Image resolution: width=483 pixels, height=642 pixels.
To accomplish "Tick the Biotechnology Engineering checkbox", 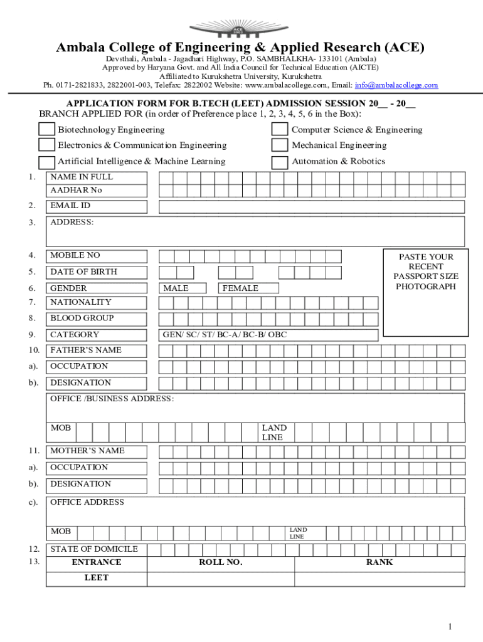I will pyautogui.click(x=46, y=129).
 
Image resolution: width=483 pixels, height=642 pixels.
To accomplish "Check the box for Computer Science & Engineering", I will pyautogui.click(x=280, y=129).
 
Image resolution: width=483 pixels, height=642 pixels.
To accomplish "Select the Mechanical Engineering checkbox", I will pyautogui.click(x=280, y=145).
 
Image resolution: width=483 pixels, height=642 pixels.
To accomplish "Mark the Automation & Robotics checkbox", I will pyautogui.click(x=280, y=162).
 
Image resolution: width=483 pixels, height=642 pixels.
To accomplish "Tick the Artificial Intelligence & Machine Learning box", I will pyautogui.click(x=46, y=162).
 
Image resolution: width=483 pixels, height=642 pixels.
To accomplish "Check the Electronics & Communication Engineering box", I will pyautogui.click(x=46, y=145).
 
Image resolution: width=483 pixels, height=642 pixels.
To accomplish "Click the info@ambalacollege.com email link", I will pyautogui.click(x=396, y=85).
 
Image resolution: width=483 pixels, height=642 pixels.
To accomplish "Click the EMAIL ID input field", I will pyautogui.click(x=311, y=207).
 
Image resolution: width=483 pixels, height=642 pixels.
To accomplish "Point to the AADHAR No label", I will pyautogui.click(x=76, y=190).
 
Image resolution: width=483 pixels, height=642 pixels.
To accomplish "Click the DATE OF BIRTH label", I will pyautogui.click(x=83, y=272).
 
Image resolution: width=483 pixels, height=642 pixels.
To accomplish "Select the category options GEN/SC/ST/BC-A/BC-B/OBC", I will pyautogui.click(x=225, y=335).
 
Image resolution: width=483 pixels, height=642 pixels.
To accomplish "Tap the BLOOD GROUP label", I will pyautogui.click(x=82, y=318).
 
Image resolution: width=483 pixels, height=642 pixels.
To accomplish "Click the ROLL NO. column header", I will pyautogui.click(x=221, y=562).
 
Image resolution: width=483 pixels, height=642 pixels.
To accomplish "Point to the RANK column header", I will pyautogui.click(x=379, y=562).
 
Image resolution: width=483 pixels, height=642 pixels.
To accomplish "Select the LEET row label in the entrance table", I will pyautogui.click(x=97, y=577).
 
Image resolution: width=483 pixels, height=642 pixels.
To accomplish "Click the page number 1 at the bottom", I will pyautogui.click(x=450, y=626).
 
